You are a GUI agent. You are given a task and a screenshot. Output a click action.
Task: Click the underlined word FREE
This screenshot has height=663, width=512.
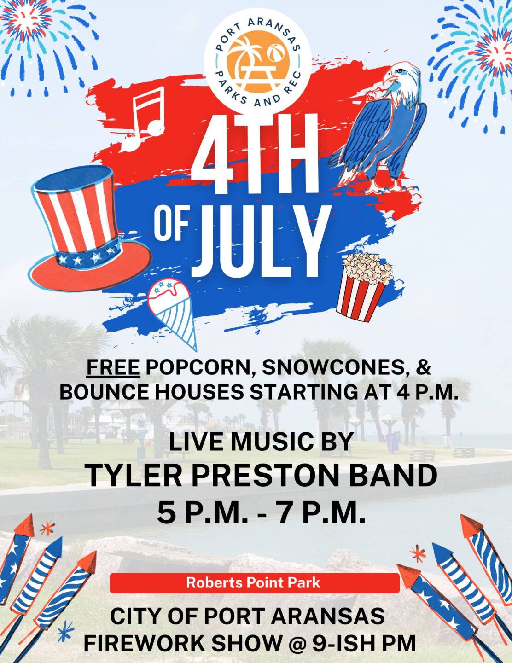(x=113, y=367)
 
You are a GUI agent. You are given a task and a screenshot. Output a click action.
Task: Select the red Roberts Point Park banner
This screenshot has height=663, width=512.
(x=254, y=583)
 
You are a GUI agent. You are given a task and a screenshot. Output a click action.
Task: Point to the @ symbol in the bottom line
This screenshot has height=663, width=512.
(x=293, y=643)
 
